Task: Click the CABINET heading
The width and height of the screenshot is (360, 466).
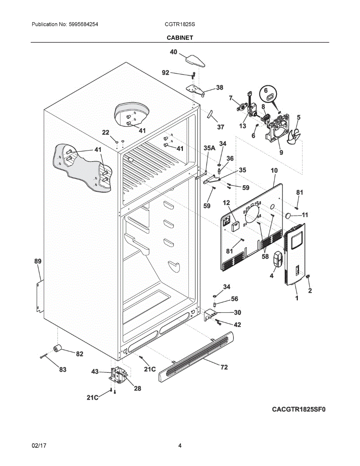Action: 180,38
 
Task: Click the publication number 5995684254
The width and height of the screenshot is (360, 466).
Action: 83,24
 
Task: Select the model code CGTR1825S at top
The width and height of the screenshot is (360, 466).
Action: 180,24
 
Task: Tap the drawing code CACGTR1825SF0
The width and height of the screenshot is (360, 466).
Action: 298,409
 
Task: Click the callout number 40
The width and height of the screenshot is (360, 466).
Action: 174,52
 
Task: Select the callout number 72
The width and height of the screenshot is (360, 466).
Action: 224,367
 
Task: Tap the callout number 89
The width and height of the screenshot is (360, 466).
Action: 38,261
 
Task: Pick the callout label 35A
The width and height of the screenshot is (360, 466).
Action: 209,148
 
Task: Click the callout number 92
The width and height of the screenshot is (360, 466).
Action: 165,73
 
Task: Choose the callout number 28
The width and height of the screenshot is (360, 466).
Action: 137,388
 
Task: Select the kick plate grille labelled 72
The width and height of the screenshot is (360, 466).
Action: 196,356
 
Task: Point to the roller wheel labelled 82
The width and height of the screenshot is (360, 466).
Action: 58,348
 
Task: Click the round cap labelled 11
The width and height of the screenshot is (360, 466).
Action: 289,215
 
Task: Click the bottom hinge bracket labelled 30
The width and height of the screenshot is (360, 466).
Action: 209,314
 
